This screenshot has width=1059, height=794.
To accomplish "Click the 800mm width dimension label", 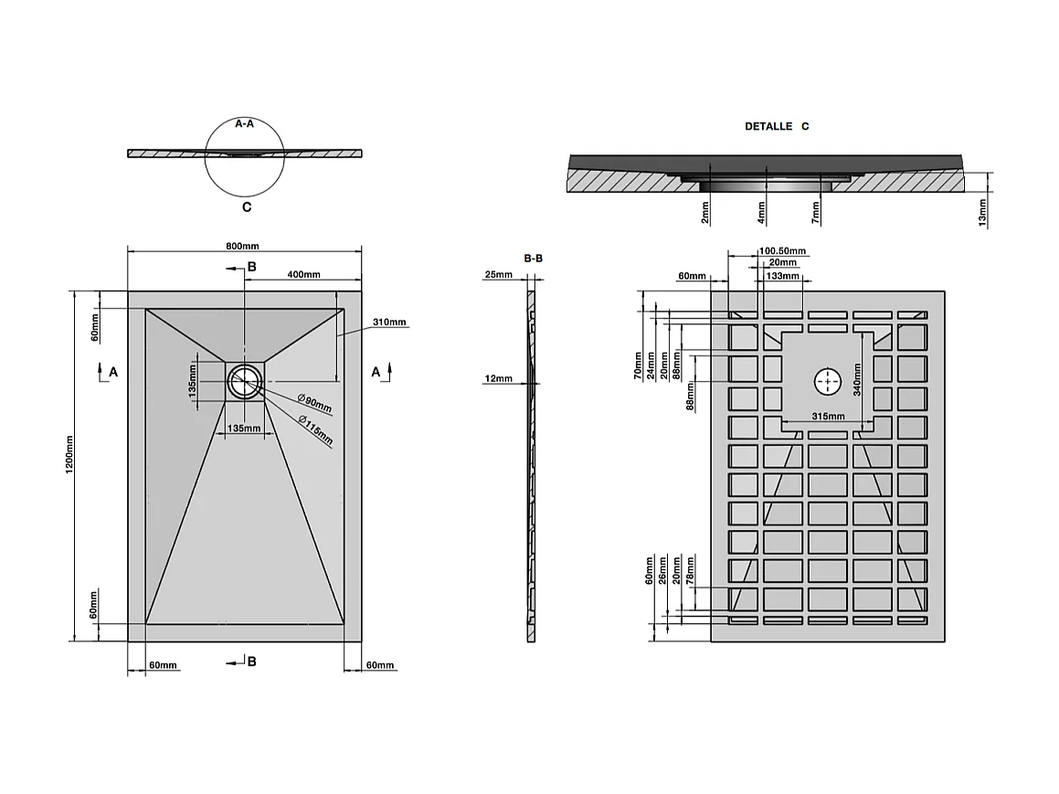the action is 242,246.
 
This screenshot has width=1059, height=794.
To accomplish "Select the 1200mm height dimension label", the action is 69,454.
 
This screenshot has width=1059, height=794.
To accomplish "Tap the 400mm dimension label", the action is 304,274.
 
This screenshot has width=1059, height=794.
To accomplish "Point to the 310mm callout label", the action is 389,322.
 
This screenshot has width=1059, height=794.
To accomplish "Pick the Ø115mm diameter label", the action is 316,430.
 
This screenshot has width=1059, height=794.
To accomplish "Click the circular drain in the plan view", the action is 245,382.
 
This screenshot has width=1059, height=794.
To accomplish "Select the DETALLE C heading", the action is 777,126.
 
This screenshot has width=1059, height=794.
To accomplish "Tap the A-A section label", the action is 245,123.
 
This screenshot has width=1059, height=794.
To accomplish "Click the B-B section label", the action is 534,258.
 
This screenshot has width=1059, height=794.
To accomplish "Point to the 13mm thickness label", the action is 982,212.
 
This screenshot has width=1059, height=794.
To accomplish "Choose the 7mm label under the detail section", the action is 815,213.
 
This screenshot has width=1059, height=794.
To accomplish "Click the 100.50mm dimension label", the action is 782,251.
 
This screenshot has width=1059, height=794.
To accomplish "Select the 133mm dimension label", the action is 783,275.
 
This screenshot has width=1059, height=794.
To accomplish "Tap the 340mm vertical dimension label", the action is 857,379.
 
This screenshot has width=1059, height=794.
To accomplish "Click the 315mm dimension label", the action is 828,416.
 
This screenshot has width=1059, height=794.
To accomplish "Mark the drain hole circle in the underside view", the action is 827,382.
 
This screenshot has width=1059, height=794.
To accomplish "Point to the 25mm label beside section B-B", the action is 498,274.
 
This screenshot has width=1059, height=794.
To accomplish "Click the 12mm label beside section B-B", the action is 498,378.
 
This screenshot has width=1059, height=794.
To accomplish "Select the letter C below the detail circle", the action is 247,207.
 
